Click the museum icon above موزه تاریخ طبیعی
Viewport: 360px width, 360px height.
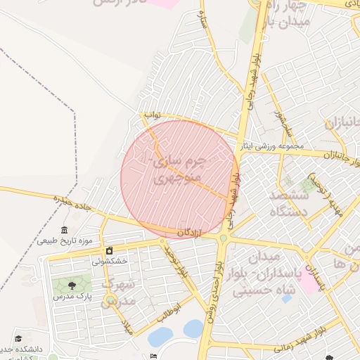point(65,231)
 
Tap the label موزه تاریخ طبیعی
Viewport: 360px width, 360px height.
point(65,241)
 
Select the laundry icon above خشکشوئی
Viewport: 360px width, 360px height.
point(110,251)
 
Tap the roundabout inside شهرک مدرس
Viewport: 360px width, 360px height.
point(110,301)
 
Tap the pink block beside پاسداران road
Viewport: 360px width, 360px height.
point(308,283)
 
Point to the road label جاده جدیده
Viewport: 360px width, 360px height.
point(75,205)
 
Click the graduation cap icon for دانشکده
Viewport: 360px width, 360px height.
point(18,338)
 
